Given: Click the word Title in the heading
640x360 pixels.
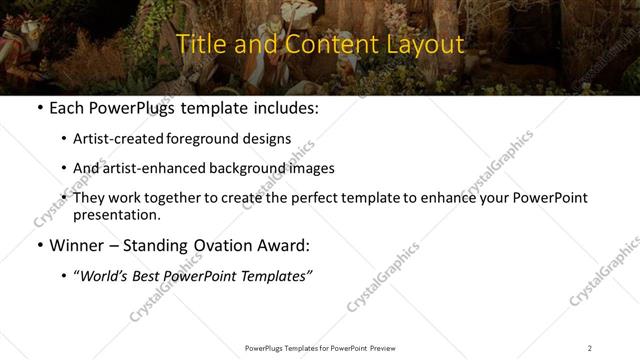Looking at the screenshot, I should (199, 44).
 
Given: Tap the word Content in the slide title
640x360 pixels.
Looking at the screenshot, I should (318, 44).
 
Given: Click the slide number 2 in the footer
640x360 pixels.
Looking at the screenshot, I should (590, 347).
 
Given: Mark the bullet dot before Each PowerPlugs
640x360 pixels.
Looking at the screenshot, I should (39, 108).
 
